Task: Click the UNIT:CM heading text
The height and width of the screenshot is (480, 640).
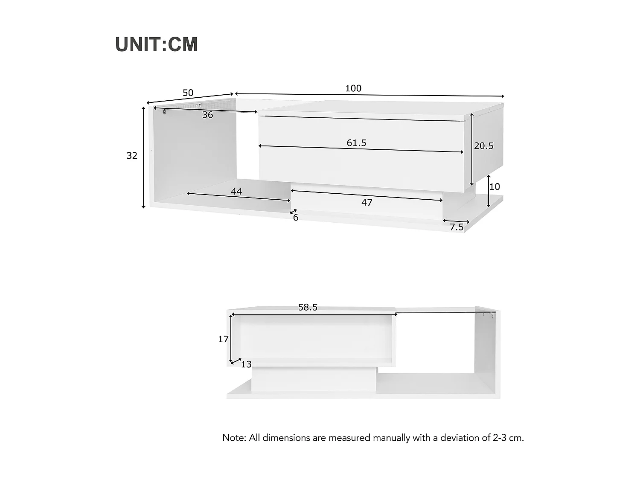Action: (x=157, y=44)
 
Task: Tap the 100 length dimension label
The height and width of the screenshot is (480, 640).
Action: (x=353, y=88)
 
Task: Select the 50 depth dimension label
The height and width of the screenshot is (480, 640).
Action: (x=188, y=93)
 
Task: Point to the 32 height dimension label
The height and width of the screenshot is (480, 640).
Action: (x=132, y=156)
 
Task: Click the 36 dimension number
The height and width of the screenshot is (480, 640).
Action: (x=207, y=115)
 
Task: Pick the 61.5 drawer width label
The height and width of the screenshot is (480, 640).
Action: (x=356, y=143)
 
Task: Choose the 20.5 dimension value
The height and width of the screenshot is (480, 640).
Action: (x=483, y=146)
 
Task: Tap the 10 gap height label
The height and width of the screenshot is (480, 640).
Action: (x=495, y=186)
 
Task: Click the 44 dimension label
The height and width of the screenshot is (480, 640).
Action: (x=236, y=192)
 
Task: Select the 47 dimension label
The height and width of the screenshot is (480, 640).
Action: (x=367, y=203)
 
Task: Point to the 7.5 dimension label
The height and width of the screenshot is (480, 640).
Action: (x=457, y=227)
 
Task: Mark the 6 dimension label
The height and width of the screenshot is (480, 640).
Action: (x=296, y=218)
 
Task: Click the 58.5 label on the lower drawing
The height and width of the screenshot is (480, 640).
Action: (x=308, y=307)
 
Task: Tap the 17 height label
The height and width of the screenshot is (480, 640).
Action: (x=223, y=339)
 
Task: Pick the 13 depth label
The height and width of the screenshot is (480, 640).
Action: (x=246, y=364)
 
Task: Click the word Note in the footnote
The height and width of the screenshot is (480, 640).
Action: (x=233, y=438)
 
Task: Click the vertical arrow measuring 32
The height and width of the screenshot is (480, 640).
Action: (x=144, y=157)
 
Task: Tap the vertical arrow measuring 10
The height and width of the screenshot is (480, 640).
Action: (x=489, y=191)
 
